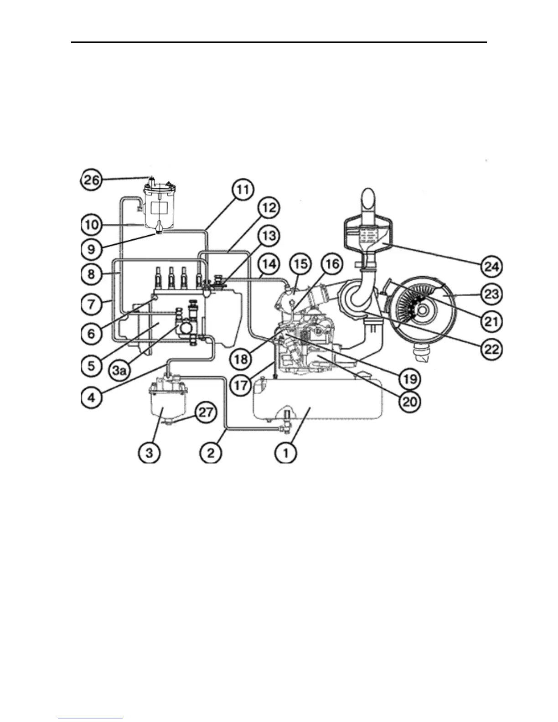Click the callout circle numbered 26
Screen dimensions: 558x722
point(92,180)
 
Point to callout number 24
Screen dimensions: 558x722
point(491,267)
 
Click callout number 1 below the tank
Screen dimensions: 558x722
point(286,453)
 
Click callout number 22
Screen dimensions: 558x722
point(491,349)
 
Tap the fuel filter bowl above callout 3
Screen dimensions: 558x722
point(163,404)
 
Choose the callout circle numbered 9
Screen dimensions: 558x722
point(92,249)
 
